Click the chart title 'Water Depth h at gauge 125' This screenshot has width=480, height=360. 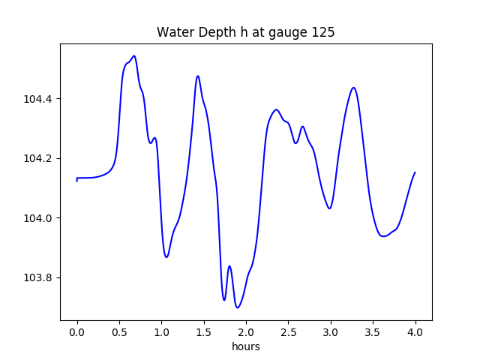(245, 32)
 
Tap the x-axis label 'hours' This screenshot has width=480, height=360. (245, 347)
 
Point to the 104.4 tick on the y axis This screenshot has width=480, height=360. (39, 99)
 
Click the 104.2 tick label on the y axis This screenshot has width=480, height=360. (39, 158)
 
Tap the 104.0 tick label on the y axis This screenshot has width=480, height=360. (39, 218)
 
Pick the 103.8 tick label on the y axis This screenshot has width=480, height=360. (39, 277)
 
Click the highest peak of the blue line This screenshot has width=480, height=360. (133, 55)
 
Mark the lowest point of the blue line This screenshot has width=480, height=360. (238, 307)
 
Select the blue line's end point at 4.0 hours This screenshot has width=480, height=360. (415, 172)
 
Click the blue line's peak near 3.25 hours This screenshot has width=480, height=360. (353, 88)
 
